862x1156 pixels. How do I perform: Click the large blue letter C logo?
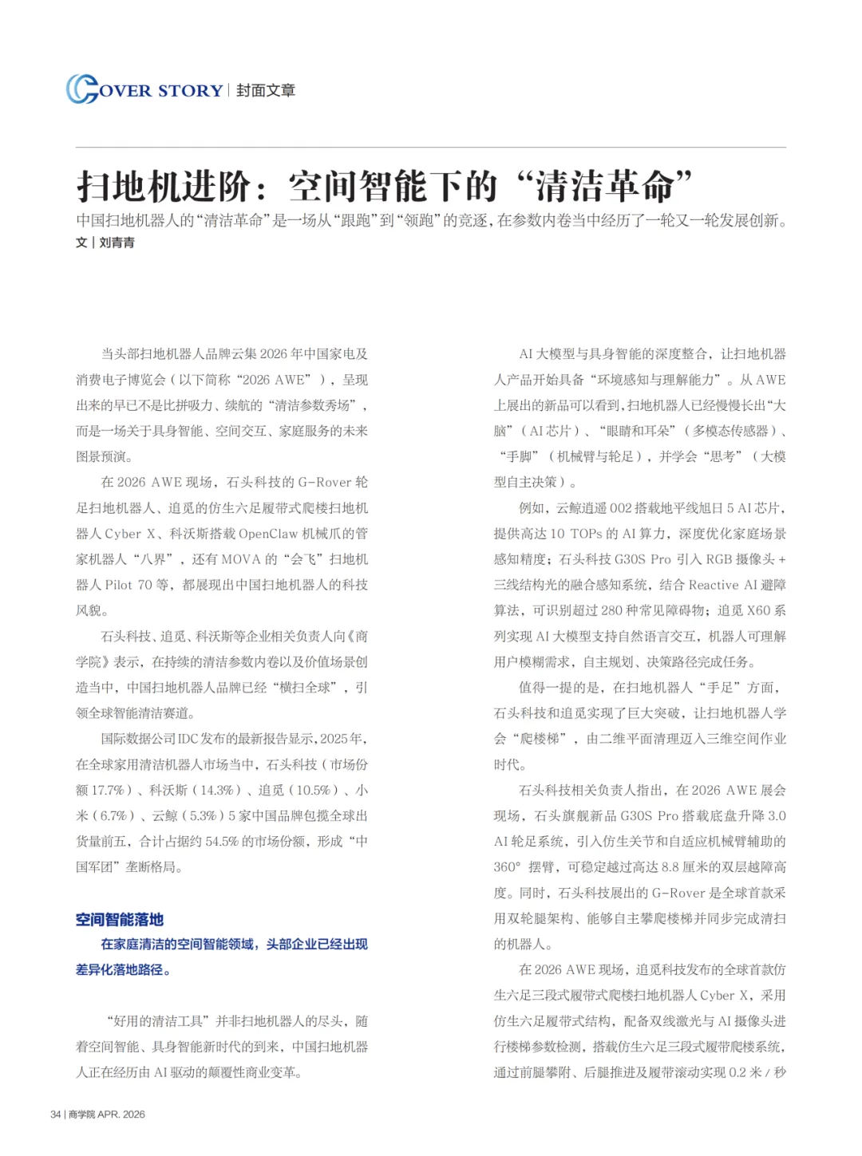tap(81, 89)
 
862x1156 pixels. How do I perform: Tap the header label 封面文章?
tap(266, 91)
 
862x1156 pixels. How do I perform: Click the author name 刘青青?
tap(117, 243)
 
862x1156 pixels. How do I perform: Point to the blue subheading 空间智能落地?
tap(120, 920)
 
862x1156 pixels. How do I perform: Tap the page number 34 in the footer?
tap(56, 1115)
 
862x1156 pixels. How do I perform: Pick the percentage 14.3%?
tap(216, 791)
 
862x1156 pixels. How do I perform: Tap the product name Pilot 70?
tap(129, 585)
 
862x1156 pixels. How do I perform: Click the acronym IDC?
tap(187, 739)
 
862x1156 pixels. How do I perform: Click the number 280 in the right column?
tap(611, 610)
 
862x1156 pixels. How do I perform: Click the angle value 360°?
tap(508, 867)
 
